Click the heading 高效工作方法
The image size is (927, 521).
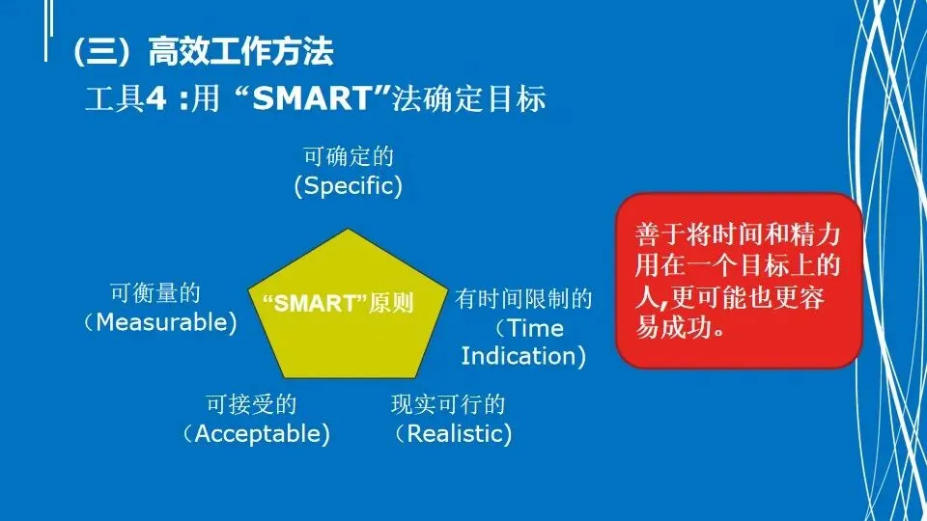(x=240, y=51)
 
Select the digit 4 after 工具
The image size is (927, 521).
(x=156, y=98)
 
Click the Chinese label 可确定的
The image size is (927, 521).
(x=349, y=156)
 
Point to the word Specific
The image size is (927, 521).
(x=349, y=186)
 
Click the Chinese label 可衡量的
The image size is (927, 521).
(x=155, y=293)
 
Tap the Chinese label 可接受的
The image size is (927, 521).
(x=251, y=404)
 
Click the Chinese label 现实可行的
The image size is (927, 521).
(x=448, y=404)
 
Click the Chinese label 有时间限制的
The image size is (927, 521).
(x=523, y=299)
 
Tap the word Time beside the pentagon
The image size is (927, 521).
(x=536, y=328)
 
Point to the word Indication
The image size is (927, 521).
(x=519, y=356)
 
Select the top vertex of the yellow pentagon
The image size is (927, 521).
(x=349, y=230)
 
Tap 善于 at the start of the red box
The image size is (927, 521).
(x=660, y=235)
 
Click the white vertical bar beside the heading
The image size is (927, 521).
(x=46, y=31)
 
